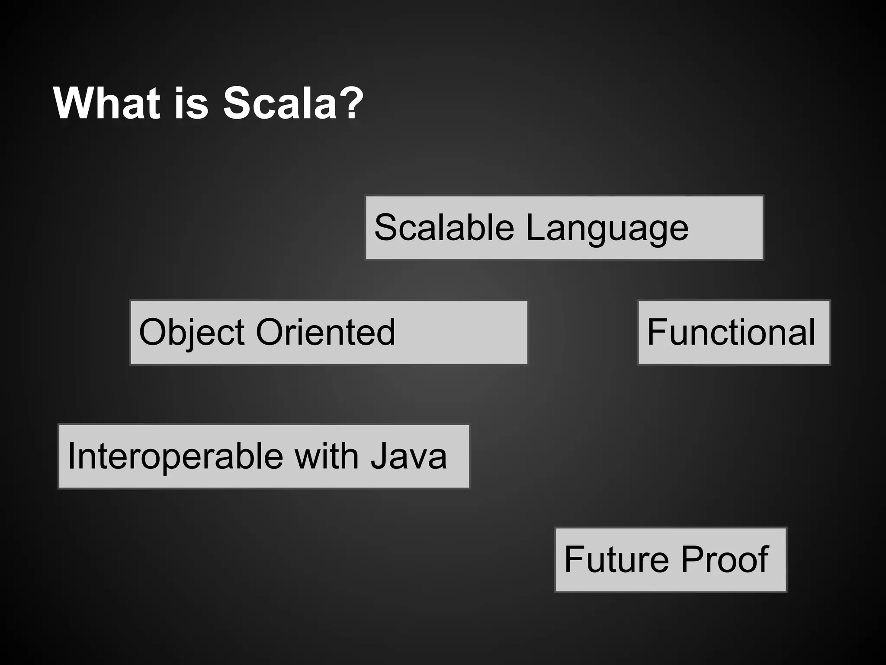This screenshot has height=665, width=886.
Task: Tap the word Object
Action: coord(192,332)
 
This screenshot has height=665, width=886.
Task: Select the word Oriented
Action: coord(325,332)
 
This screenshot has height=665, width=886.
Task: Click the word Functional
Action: coord(731,332)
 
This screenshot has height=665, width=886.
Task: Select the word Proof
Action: coord(725,559)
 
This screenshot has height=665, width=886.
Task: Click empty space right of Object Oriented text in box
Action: coord(463,332)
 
